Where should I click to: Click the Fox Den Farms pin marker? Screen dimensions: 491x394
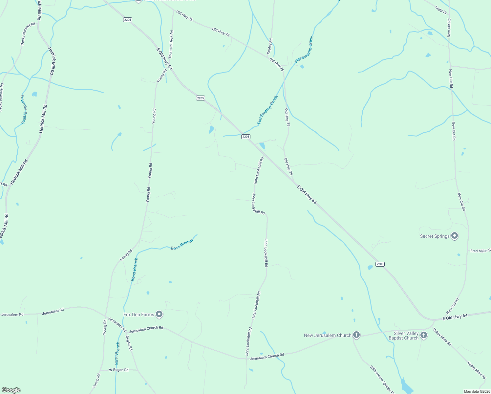pos(159,314)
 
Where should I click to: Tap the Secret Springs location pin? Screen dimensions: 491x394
pos(455,236)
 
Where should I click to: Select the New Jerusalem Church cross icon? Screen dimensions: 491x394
pos(356,335)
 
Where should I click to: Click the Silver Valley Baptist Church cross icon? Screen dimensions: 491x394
pos(424,335)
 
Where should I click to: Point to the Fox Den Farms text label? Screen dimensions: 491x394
pos(139,315)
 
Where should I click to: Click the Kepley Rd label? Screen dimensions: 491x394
pos(270,46)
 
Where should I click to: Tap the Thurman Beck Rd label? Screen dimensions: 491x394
pos(171,44)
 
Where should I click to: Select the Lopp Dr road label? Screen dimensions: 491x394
pos(441,10)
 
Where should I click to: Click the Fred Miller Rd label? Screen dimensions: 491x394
pos(480,251)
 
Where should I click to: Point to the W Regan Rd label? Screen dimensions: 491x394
pos(119,370)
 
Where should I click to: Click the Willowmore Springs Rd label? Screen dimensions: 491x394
pos(382,379)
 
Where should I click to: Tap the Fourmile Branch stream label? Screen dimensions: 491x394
pos(23,109)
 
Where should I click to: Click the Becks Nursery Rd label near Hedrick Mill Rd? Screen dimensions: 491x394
pos(28,34)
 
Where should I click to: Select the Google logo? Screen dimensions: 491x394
pos(11,390)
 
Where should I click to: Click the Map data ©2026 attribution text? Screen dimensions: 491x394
pos(477,391)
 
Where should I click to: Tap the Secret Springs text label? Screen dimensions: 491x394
pos(435,236)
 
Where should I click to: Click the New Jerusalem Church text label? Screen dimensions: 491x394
pos(328,335)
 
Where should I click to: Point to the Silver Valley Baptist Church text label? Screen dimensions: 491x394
pos(403,336)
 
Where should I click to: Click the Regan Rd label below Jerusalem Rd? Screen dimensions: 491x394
pos(129,343)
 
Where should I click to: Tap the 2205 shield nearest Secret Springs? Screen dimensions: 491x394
pos(380,264)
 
